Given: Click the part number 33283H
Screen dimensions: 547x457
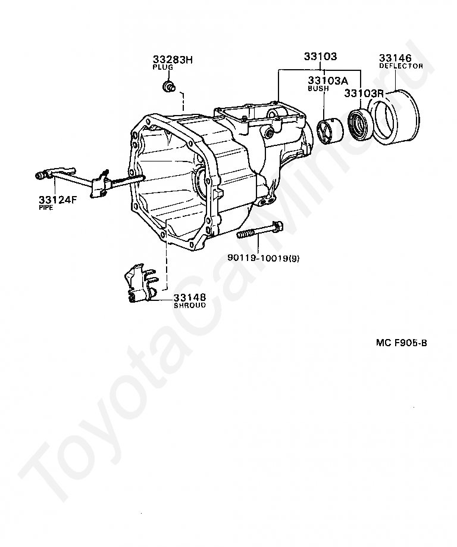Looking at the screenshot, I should (173, 60).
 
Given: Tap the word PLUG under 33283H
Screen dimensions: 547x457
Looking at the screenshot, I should (162, 68).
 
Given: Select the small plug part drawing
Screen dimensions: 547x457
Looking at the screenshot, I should (169, 89).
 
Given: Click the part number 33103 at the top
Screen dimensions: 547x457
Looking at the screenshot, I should (320, 57).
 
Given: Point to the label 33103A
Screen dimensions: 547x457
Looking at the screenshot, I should (327, 80).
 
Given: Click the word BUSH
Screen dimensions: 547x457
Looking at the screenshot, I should (318, 89).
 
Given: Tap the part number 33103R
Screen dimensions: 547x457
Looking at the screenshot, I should (364, 94).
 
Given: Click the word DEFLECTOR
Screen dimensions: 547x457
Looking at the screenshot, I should (401, 66).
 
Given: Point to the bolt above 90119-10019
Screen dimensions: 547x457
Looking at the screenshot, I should (261, 231).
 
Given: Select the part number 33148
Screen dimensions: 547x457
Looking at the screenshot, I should (190, 297).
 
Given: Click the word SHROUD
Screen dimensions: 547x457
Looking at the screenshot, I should (190, 305).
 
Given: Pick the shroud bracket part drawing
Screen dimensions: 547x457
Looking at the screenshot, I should (139, 284).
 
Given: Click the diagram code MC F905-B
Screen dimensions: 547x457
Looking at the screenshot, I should (402, 343).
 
